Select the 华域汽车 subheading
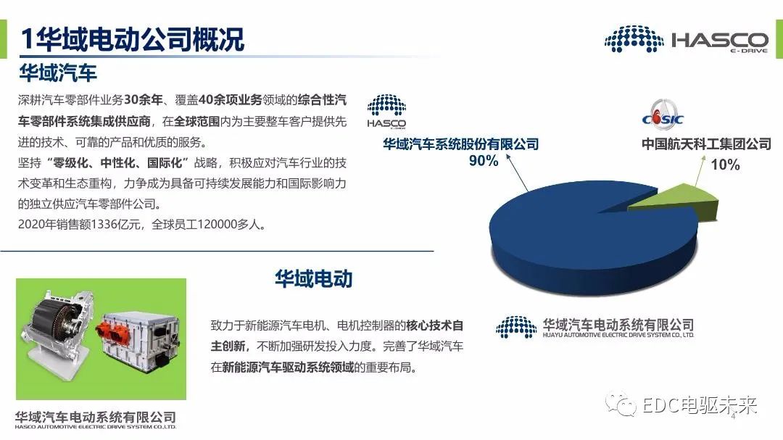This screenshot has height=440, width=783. tap(58, 73)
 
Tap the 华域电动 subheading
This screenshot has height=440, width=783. tap(313, 278)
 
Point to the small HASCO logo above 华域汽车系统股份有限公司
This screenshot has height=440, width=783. tap(386, 112)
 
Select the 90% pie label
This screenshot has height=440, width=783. tap(484, 162)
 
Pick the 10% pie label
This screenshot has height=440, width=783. tap(725, 165)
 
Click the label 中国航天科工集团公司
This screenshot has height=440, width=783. tap(706, 144)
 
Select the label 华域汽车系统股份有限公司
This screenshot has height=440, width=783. tap(461, 144)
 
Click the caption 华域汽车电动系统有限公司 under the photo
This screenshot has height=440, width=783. tap(96, 417)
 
